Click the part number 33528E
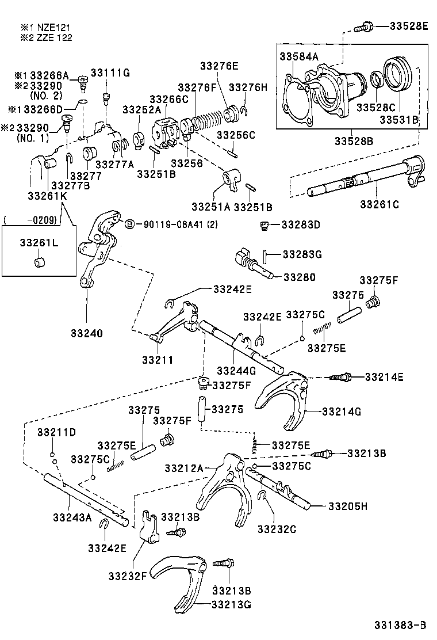(408, 25)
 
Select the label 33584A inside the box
(298, 56)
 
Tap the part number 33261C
(379, 204)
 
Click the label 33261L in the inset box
(39, 243)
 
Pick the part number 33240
(87, 333)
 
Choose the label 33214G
(342, 412)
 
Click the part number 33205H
(348, 506)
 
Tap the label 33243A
(72, 517)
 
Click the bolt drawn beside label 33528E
(365, 26)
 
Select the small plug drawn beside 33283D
(265, 224)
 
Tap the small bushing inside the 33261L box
(39, 263)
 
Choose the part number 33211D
(57, 432)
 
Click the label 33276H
(248, 87)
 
